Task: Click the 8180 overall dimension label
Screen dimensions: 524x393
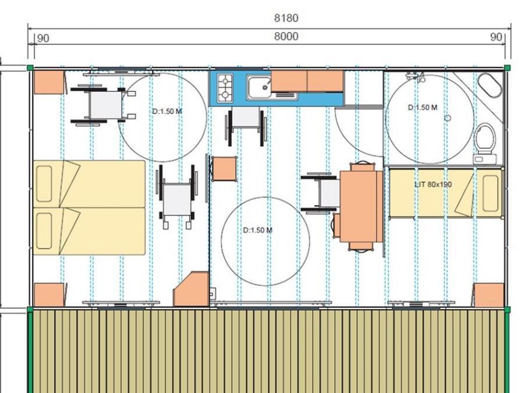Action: [x=286, y=18]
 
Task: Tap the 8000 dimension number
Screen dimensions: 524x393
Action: [x=286, y=36]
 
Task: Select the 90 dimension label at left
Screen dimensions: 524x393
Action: [x=43, y=38]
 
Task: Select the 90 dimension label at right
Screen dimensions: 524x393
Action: [x=496, y=37]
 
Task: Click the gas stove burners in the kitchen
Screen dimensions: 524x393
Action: [x=225, y=88]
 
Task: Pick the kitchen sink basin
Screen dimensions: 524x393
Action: [x=259, y=87]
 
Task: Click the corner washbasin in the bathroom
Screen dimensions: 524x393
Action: [x=490, y=85]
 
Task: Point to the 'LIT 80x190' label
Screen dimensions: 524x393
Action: [x=433, y=185]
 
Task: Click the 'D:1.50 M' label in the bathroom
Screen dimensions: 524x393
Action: [x=423, y=108]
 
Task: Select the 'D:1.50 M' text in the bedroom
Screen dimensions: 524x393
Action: [x=167, y=111]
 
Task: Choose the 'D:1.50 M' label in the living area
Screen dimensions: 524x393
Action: [x=258, y=230]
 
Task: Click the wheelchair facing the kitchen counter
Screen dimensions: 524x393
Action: [x=246, y=126]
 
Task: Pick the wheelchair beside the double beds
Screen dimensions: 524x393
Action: [x=177, y=197]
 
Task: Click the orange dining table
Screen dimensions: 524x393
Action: [x=361, y=206]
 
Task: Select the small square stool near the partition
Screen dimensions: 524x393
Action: [x=224, y=169]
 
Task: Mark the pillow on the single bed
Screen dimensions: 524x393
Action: [x=490, y=193]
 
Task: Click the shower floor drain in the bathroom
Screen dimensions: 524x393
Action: [x=448, y=118]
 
